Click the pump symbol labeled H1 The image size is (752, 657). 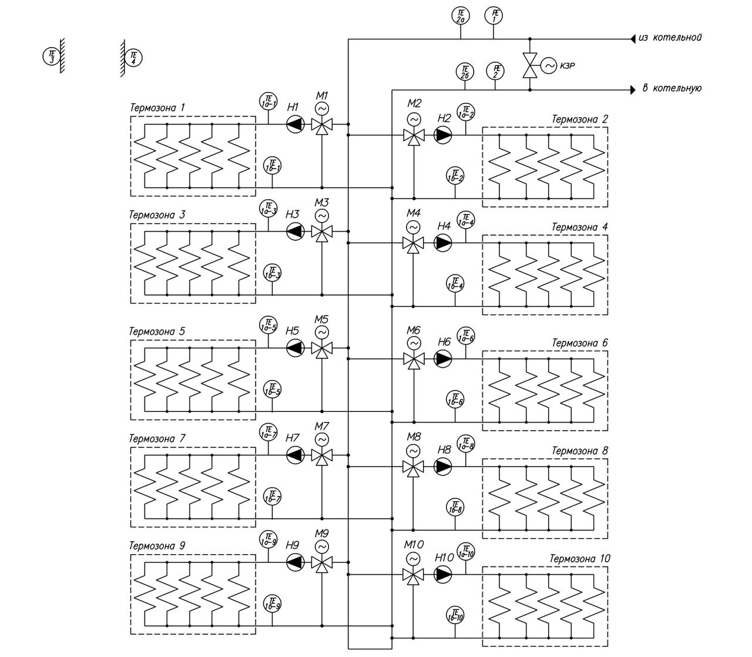tap(295, 124)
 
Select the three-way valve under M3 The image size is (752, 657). tap(321, 232)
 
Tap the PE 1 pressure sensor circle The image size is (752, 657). tap(494, 15)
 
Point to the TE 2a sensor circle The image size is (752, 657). tap(461, 15)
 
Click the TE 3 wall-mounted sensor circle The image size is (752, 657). tap(51, 56)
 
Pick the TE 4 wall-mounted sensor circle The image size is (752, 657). tap(134, 58)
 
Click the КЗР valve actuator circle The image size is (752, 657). tap(549, 66)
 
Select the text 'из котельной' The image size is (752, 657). tap(670, 38)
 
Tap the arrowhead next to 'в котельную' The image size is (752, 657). tap(633, 90)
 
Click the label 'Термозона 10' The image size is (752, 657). tap(580, 559)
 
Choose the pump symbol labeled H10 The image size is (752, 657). tap(444, 574)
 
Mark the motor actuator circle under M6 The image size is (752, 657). tap(414, 343)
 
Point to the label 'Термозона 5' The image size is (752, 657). tap(157, 331)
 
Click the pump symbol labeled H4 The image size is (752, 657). tap(443, 242)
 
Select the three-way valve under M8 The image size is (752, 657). tap(414, 467)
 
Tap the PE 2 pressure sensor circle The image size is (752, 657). tap(495, 72)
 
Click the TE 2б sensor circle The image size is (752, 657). tap(465, 72)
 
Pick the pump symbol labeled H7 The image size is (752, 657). tap(295, 454)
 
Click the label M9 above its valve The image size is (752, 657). tap(321, 534)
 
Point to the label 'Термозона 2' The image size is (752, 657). tap(580, 120)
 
